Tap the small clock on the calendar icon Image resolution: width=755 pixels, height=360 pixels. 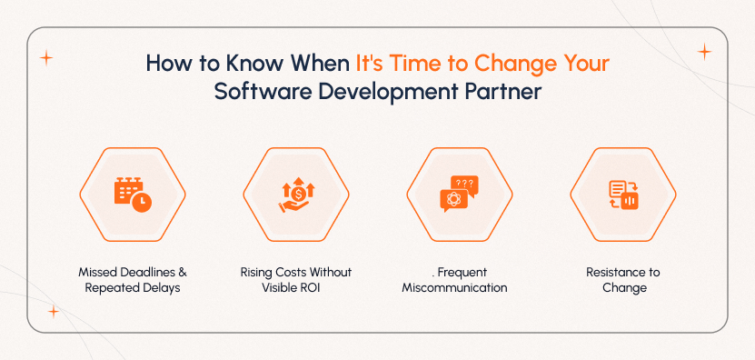pos(142,202)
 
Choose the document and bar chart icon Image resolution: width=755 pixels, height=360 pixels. pos(623,194)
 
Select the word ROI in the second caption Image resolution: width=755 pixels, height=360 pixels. pos(313,288)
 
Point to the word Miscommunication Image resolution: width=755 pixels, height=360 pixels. pos(454,288)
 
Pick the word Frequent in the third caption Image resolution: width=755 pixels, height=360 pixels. pos(458,273)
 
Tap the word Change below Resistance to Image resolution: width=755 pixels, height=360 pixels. pos(623,288)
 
